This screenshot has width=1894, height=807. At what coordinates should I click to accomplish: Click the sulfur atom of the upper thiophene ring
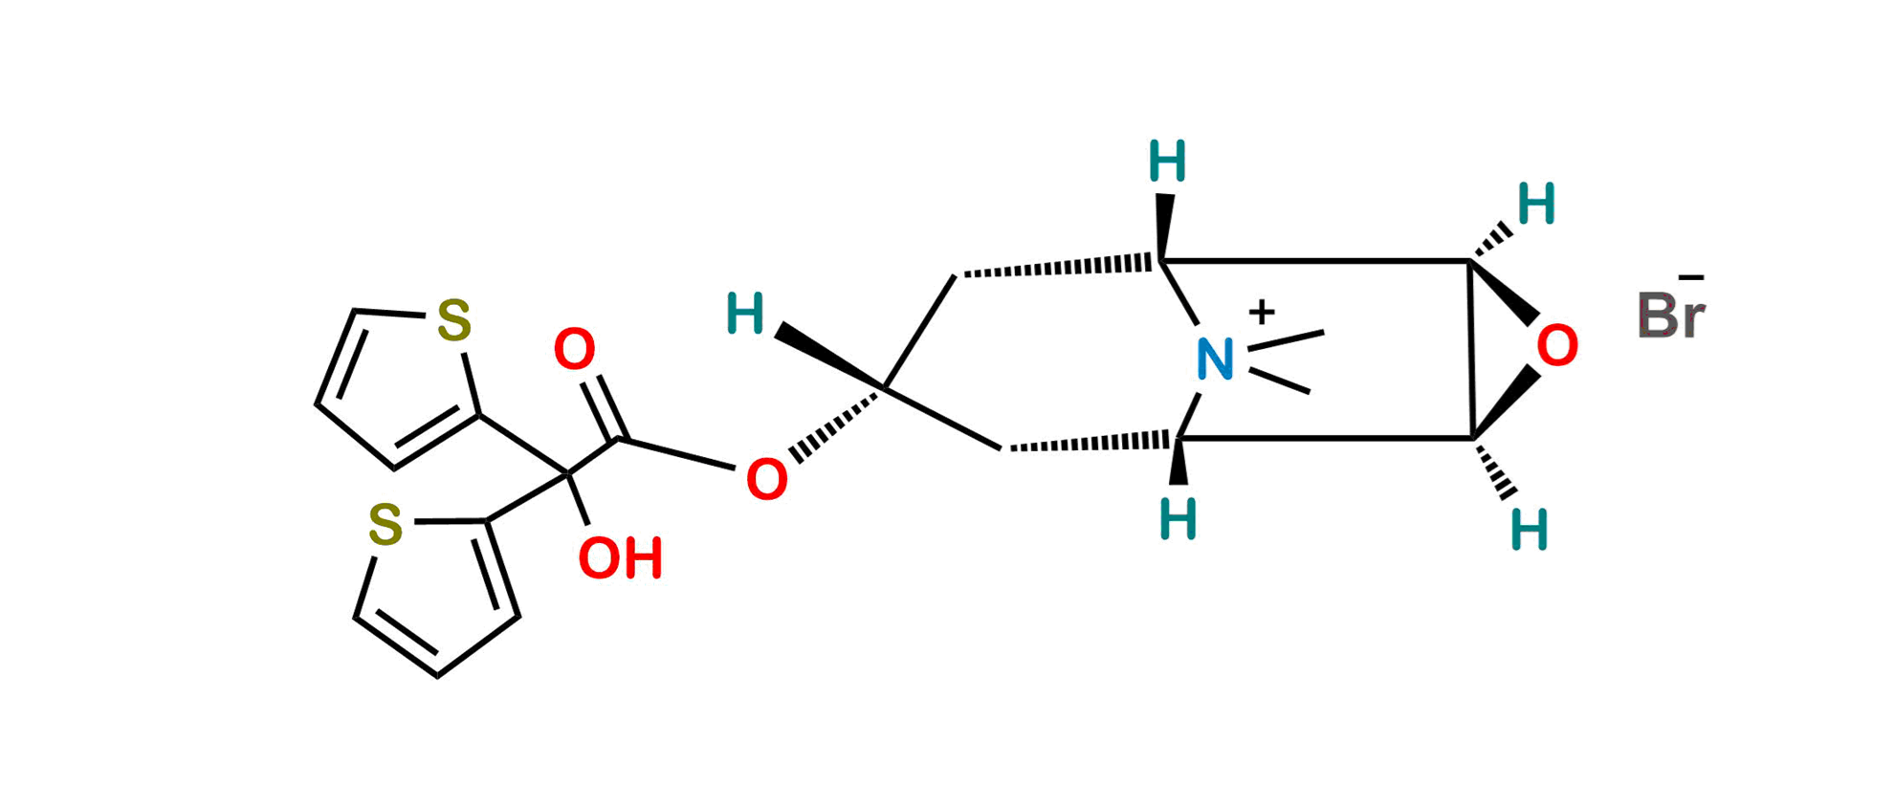[453, 320]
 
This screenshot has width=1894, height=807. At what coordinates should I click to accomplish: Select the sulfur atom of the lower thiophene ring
[385, 525]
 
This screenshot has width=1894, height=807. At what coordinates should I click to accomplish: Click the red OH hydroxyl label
[621, 558]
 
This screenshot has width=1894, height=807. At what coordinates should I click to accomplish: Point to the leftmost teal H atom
[745, 315]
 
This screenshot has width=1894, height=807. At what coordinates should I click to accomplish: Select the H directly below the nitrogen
[1178, 520]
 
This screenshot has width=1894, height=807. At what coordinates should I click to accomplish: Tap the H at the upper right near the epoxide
[1537, 203]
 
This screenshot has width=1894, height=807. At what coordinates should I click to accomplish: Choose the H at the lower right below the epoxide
[1530, 529]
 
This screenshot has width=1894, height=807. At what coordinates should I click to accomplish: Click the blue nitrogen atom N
[1214, 360]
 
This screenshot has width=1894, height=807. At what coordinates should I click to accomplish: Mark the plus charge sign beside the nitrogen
[1263, 313]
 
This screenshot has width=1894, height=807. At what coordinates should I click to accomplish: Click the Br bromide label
[1671, 316]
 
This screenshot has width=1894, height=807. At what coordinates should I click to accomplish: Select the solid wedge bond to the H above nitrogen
[1165, 226]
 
